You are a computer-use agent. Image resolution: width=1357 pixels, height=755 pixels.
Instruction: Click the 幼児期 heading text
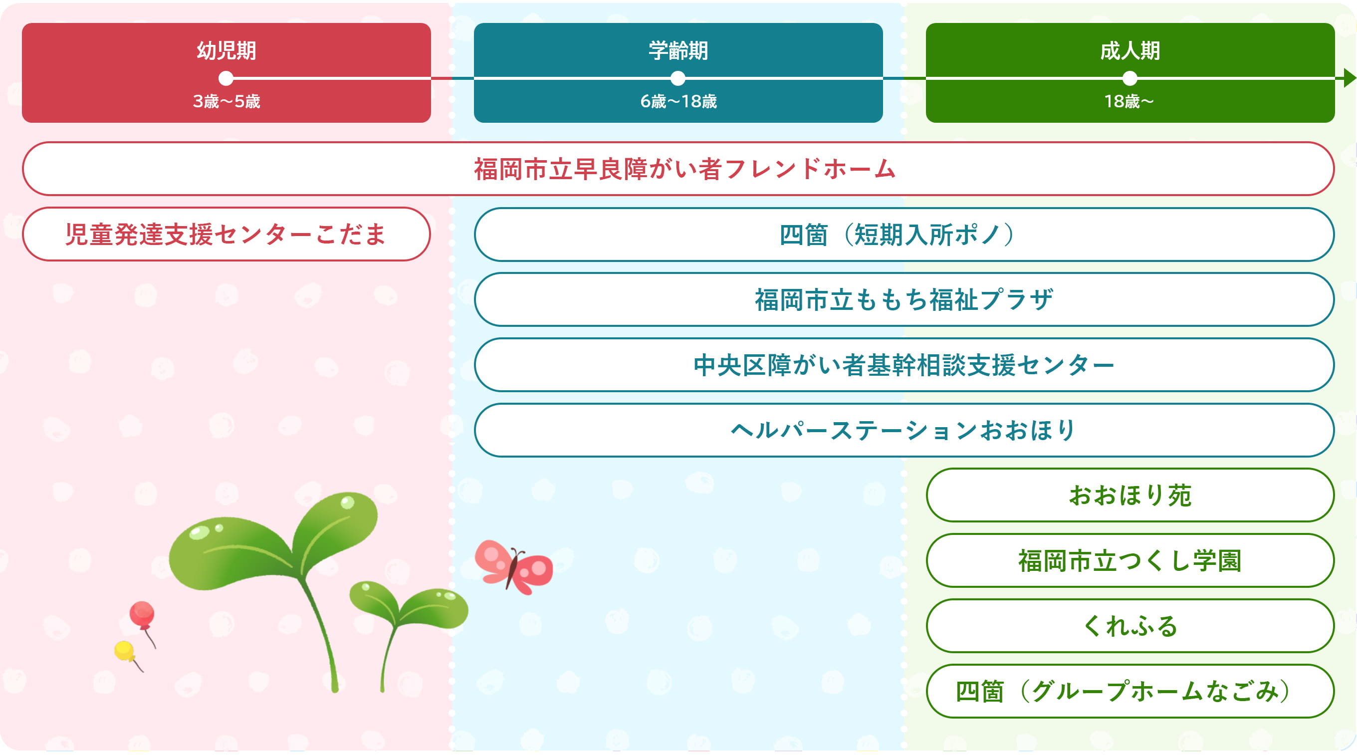pyautogui.click(x=226, y=51)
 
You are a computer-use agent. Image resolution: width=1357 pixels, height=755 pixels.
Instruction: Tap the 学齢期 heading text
pyautogui.click(x=678, y=51)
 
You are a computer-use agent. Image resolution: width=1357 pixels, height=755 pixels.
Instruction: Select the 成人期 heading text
pyautogui.click(x=1130, y=51)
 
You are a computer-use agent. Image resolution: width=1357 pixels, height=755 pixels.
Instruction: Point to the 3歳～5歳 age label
pyautogui.click(x=226, y=101)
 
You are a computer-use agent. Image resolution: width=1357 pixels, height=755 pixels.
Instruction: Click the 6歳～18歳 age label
pyautogui.click(x=678, y=101)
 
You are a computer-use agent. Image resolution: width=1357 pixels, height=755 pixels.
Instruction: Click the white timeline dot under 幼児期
pyautogui.click(x=226, y=78)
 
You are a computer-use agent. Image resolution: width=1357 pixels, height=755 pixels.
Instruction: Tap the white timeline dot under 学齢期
pyautogui.click(x=678, y=78)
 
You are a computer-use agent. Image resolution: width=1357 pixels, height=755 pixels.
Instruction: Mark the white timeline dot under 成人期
pyautogui.click(x=1130, y=78)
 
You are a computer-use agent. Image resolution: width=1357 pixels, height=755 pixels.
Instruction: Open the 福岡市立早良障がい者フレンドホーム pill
pyautogui.click(x=678, y=169)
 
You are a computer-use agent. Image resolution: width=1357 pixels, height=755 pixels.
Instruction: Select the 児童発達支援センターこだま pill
pyautogui.click(x=226, y=234)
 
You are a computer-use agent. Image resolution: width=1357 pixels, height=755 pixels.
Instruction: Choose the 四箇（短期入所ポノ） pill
pyautogui.click(x=904, y=235)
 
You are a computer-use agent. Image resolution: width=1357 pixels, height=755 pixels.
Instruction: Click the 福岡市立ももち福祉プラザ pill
pyautogui.click(x=904, y=299)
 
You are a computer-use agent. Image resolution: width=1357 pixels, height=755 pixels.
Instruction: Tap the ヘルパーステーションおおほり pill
pyautogui.click(x=904, y=430)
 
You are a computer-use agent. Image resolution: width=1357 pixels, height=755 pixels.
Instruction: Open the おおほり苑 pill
pyautogui.click(x=1130, y=495)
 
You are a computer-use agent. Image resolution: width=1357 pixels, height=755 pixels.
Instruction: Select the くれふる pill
pyautogui.click(x=1130, y=626)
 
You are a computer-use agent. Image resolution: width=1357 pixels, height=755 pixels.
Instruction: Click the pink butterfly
pyautogui.click(x=514, y=567)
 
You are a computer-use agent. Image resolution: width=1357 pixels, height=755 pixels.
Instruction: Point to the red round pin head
pyautogui.click(x=142, y=613)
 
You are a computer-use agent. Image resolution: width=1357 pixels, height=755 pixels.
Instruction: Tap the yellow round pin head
pyautogui.click(x=124, y=650)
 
